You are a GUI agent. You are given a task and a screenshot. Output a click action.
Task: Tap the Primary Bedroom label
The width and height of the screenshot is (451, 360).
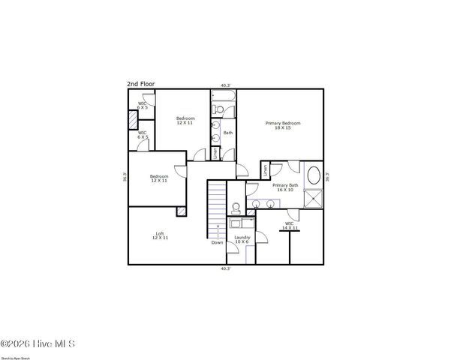283,125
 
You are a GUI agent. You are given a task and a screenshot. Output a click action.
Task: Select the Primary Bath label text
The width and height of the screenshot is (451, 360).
285,187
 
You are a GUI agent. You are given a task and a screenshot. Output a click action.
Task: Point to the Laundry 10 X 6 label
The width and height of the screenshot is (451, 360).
242,239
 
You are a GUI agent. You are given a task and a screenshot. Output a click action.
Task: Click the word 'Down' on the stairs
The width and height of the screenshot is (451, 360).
217,242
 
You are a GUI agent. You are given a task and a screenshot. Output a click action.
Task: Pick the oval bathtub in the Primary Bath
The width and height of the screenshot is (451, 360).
314,178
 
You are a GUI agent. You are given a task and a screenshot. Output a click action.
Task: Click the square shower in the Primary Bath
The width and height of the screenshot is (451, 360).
314,198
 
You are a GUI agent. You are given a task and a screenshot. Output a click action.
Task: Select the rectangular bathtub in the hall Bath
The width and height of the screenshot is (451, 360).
223,97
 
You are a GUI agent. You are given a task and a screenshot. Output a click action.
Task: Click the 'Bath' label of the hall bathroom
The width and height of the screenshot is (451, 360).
228,133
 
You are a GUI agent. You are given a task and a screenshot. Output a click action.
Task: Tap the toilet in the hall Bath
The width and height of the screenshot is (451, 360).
216,111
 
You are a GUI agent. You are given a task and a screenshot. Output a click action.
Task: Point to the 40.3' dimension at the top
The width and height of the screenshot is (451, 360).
225,85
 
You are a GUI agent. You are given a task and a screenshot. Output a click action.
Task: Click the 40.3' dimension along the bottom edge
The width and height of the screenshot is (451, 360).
225,268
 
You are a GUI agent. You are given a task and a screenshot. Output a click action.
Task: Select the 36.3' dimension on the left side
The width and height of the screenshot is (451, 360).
125,178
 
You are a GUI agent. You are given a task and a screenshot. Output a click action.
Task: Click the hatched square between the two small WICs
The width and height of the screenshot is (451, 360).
133,119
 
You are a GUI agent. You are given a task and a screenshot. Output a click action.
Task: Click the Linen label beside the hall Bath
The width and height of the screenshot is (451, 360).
216,154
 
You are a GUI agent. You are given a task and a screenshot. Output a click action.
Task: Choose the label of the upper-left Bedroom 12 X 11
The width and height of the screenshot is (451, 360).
185,120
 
